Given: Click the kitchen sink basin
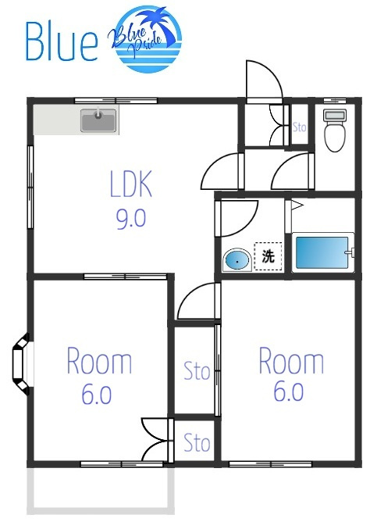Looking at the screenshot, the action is pyautogui.click(x=98, y=120).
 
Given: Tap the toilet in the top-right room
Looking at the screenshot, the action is pyautogui.click(x=334, y=130).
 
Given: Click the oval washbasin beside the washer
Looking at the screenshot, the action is pyautogui.click(x=237, y=260).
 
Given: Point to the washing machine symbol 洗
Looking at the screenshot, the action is pyautogui.click(x=268, y=256).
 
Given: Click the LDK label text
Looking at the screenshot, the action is pyautogui.click(x=131, y=184).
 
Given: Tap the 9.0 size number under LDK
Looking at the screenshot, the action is pyautogui.click(x=131, y=218).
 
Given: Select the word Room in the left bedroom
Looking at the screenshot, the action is pyautogui.click(x=99, y=360).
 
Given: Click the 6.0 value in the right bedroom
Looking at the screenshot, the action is pyautogui.click(x=289, y=391).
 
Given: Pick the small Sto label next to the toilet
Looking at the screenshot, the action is pyautogui.click(x=299, y=127).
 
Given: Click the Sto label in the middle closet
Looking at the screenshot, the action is pyautogui.click(x=197, y=371).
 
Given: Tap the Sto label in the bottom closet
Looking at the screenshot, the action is pyautogui.click(x=197, y=442).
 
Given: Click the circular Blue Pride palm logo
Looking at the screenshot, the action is pyautogui.click(x=146, y=39).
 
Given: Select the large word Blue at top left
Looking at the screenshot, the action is pyautogui.click(x=62, y=41).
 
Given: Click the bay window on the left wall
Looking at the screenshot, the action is pyautogui.click(x=21, y=364).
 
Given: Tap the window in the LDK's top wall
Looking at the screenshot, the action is pyautogui.click(x=116, y=100).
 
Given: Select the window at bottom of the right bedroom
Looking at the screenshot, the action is pyautogui.click(x=270, y=463).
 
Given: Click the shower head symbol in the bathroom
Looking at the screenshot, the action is pyautogui.click(x=297, y=206).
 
